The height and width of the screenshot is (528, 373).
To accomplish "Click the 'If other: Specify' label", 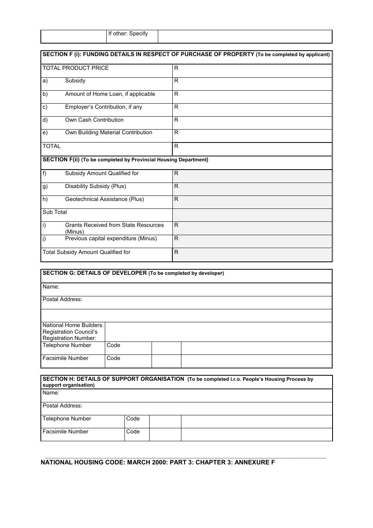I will [x=128, y=34].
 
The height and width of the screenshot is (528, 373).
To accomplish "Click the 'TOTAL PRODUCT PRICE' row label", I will [x=75, y=68].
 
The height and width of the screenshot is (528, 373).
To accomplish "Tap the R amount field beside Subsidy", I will [x=252, y=84].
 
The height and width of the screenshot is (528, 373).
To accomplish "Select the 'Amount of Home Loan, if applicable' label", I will [x=110, y=94].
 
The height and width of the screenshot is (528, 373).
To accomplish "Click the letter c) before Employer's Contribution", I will [x=45, y=107].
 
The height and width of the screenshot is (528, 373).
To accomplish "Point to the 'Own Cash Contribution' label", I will [x=94, y=120].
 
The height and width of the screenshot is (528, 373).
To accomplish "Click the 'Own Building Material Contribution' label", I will [x=108, y=133].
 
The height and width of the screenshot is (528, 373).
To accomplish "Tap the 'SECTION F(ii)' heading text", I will [x=61, y=160].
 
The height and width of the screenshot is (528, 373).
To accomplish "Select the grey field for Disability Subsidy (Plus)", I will [x=252, y=189].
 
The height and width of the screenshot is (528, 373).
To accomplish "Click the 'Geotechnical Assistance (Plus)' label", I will [x=104, y=199].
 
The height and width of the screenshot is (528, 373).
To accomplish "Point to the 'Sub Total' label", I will [x=55, y=212].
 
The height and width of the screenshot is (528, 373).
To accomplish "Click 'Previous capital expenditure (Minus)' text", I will [x=111, y=239].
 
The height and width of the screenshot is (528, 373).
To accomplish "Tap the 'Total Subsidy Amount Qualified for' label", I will [x=86, y=252].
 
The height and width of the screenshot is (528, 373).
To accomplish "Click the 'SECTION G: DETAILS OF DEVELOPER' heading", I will [x=95, y=273].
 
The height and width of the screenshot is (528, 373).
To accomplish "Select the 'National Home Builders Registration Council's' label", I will [x=72, y=329].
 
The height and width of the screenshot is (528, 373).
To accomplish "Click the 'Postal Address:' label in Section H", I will [x=62, y=406].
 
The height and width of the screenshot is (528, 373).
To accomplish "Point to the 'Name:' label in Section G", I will [x=51, y=287].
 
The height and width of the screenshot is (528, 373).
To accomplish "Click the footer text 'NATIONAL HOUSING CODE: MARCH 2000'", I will [x=106, y=462].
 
